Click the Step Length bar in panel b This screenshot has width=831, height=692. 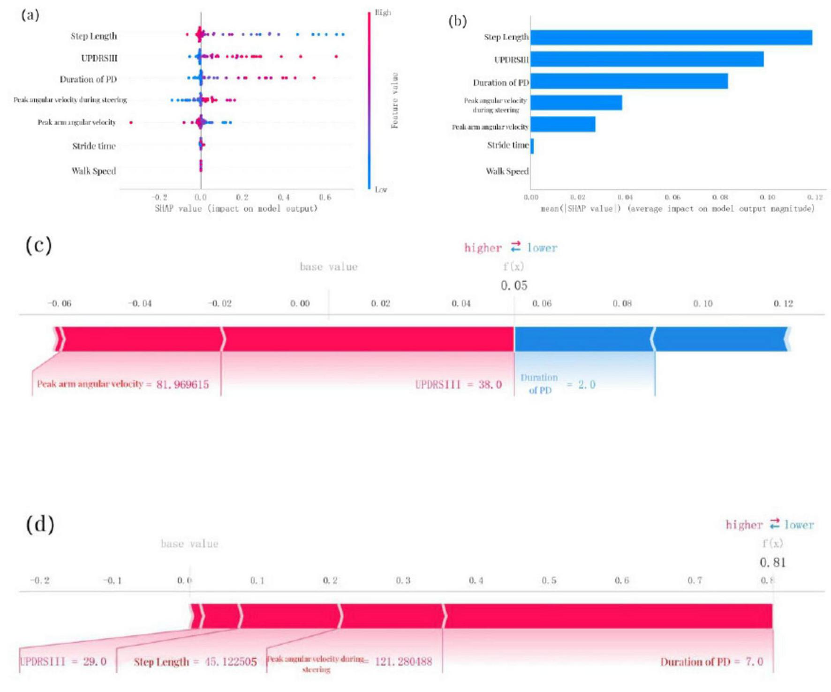671,37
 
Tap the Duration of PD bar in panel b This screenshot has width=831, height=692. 628,81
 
